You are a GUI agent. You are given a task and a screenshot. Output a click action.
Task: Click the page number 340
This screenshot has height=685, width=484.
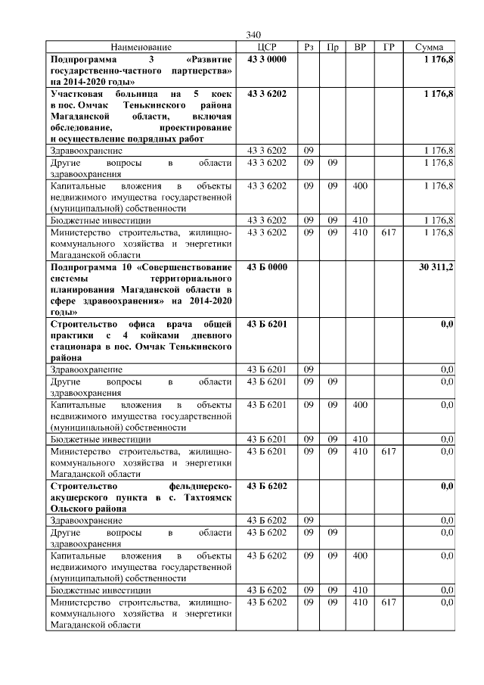tap(253, 36)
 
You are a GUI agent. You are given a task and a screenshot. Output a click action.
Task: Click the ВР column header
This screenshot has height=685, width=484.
tap(360, 47)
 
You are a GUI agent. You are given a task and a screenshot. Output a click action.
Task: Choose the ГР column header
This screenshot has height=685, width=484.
tap(389, 47)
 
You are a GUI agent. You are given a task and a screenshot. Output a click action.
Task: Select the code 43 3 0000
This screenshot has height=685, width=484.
tap(267, 58)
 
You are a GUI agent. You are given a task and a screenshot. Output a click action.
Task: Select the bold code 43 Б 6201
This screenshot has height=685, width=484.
tap(267, 323)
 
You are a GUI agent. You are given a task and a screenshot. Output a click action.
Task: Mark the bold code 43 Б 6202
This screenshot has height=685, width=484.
tap(267, 485)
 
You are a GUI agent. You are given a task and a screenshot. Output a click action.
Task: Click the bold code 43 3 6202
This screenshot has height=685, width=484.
tap(267, 93)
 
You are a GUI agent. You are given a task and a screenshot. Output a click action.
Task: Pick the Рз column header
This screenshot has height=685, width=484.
tap(309, 47)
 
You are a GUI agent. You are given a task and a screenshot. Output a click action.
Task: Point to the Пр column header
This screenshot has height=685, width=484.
tap(332, 47)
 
